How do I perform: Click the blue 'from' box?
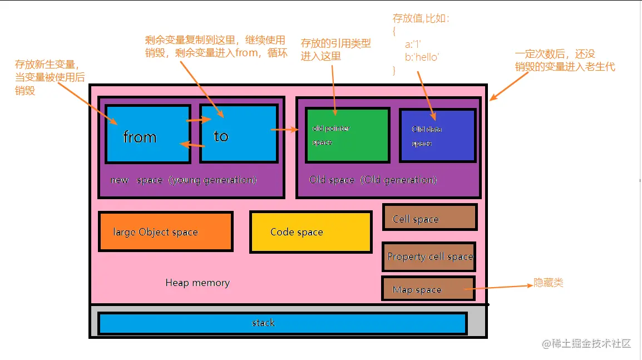tap(147, 134)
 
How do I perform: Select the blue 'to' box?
tap(238, 134)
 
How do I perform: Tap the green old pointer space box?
tap(347, 135)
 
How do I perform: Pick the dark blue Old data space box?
tap(437, 135)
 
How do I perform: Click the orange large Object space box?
tap(165, 231)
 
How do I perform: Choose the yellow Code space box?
tap(310, 232)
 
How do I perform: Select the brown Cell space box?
tap(429, 218)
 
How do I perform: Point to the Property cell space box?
tap(429, 257)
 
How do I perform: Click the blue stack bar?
tap(282, 323)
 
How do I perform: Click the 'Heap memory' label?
tap(197, 283)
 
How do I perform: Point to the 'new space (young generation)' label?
tap(184, 180)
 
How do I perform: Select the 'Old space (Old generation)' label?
tap(373, 180)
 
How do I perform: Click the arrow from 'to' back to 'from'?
tap(192, 145)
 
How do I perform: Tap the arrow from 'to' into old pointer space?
tap(284, 130)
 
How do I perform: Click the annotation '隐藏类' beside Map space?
tap(548, 283)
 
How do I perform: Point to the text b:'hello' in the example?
tap(422, 57)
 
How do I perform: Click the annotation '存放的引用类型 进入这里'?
tap(335, 50)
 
